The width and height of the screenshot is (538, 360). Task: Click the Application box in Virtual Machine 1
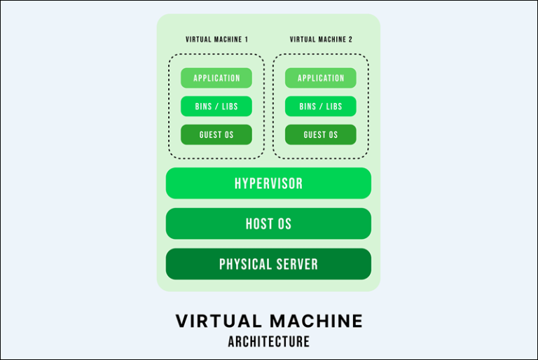(216, 78)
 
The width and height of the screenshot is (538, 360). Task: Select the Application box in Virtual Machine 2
(321, 78)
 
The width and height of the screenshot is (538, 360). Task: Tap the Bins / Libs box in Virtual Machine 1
(216, 106)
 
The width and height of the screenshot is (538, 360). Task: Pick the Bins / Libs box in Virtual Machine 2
(321, 106)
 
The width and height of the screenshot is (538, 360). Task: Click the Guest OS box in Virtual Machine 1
(216, 134)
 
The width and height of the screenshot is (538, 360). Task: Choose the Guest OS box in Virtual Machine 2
(321, 134)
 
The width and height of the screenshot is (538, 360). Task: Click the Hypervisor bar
(268, 184)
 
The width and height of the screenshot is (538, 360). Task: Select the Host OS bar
(268, 224)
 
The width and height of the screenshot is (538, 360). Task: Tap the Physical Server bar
(268, 264)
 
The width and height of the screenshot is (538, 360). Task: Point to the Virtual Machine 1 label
(216, 40)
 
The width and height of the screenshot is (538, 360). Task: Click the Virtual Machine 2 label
(321, 40)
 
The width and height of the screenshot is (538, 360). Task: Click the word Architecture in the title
(268, 342)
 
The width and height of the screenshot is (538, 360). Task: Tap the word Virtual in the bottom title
(216, 321)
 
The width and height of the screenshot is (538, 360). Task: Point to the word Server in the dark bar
(298, 264)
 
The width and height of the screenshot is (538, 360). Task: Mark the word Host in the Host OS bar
(258, 224)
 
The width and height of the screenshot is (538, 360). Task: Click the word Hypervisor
(268, 184)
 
